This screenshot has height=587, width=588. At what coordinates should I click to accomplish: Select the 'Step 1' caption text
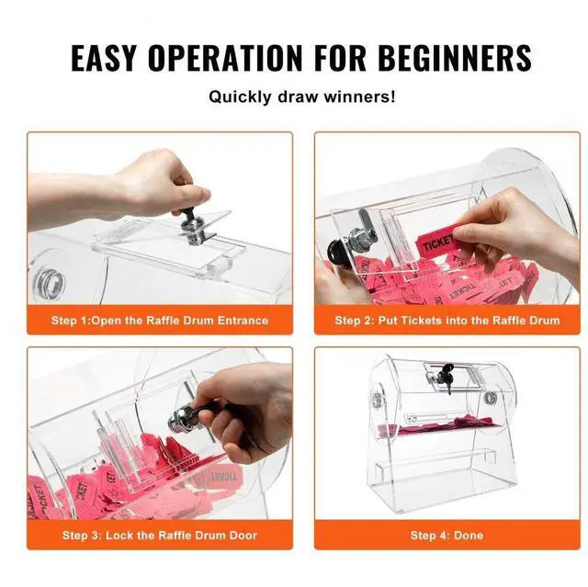click(159, 320)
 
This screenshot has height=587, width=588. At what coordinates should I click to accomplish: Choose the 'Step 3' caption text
click(159, 535)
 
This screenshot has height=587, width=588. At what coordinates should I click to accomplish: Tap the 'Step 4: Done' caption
click(447, 535)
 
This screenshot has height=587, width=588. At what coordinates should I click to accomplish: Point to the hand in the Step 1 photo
click(156, 179)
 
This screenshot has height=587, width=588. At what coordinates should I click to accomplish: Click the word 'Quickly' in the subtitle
click(242, 96)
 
